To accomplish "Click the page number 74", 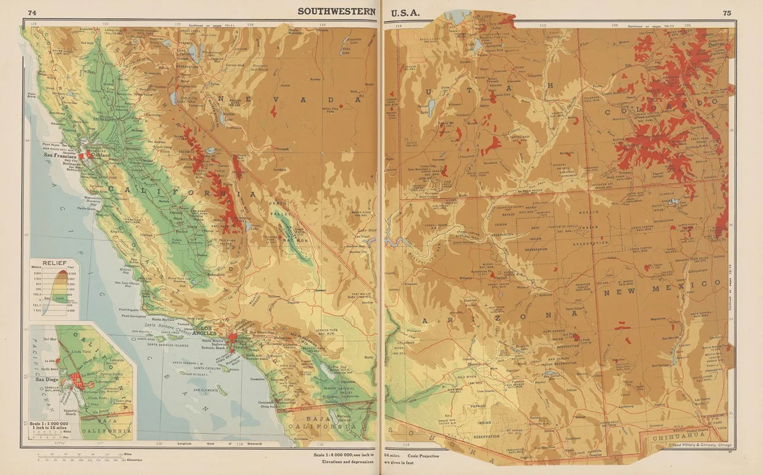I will point(32,12).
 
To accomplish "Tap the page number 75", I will point(727,12).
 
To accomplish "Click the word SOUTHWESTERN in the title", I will point(336,11).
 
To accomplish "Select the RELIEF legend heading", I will point(53,261).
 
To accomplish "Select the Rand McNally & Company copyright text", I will point(700,445).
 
